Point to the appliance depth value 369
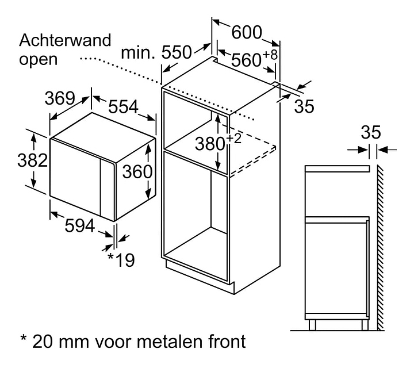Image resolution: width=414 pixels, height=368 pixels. pyautogui.click(x=61, y=98)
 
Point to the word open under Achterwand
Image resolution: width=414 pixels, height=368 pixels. pyautogui.click(x=39, y=59)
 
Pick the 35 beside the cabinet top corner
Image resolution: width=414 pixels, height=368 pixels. pyautogui.click(x=305, y=106)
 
